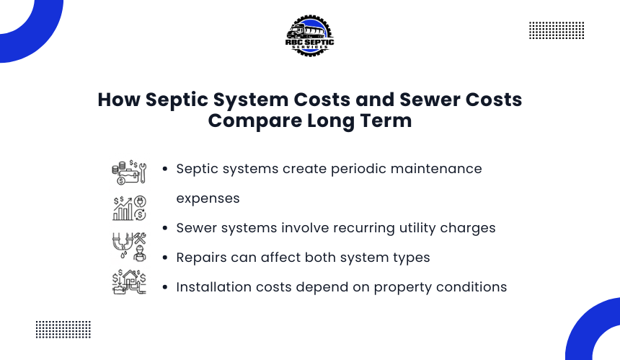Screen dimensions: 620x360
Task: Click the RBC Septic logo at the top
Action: point(309,35)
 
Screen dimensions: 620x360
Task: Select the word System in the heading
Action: point(251,100)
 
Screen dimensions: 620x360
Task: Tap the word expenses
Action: point(208,199)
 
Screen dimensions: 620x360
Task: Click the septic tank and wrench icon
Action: point(129,172)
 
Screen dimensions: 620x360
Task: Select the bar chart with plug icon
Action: point(129,208)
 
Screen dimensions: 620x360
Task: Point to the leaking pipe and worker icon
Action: point(129,246)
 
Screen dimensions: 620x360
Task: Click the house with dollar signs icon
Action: point(129,281)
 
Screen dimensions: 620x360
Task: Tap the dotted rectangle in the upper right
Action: point(557,30)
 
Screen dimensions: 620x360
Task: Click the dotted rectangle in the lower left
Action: point(63,330)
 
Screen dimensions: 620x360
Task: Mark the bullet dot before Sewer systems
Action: point(165,228)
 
